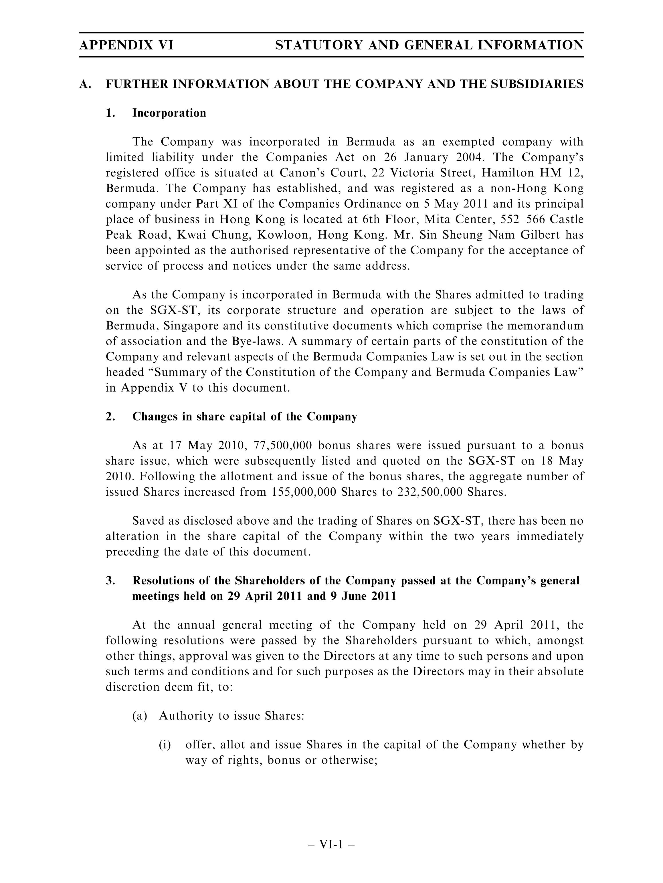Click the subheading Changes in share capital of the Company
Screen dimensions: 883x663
tap(244, 417)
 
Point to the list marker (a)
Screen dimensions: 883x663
tap(140, 716)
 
